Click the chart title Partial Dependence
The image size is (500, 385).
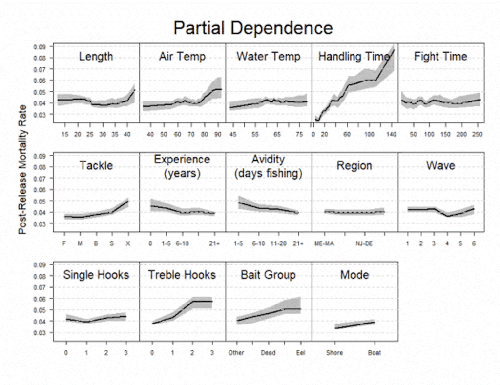click(253, 28)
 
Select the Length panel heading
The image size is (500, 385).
click(96, 57)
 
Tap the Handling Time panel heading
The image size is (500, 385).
click(354, 57)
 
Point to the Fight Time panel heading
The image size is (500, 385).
click(440, 57)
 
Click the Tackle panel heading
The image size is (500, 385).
click(96, 166)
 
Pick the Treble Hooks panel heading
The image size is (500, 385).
click(182, 275)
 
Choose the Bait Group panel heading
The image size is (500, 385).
click(268, 275)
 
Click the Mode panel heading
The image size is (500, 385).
click(354, 275)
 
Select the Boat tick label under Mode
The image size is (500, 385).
click(375, 353)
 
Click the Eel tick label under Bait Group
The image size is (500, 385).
click(300, 353)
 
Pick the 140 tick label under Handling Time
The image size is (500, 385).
click(392, 134)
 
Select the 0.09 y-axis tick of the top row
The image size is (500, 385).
click(40, 47)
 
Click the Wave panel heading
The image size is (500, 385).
click(440, 166)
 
